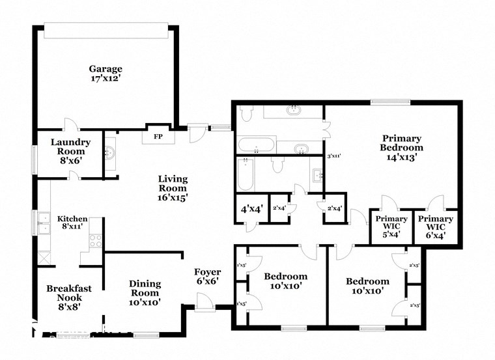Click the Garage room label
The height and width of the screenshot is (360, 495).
[x=106, y=68]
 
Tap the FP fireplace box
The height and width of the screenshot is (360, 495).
[x=157, y=137]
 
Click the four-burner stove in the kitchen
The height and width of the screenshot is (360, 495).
[x=95, y=240]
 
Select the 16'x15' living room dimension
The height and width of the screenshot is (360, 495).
[x=173, y=198]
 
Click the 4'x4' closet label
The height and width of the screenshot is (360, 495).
[x=251, y=210]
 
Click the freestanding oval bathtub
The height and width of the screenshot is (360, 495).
[x=256, y=145]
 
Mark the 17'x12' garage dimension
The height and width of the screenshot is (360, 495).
[x=106, y=79]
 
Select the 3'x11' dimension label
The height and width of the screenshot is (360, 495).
[x=333, y=156]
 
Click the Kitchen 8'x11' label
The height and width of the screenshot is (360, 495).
[x=72, y=223]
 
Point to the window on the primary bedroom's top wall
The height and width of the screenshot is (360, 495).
[x=391, y=102]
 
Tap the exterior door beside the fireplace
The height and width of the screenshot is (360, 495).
[x=195, y=133]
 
